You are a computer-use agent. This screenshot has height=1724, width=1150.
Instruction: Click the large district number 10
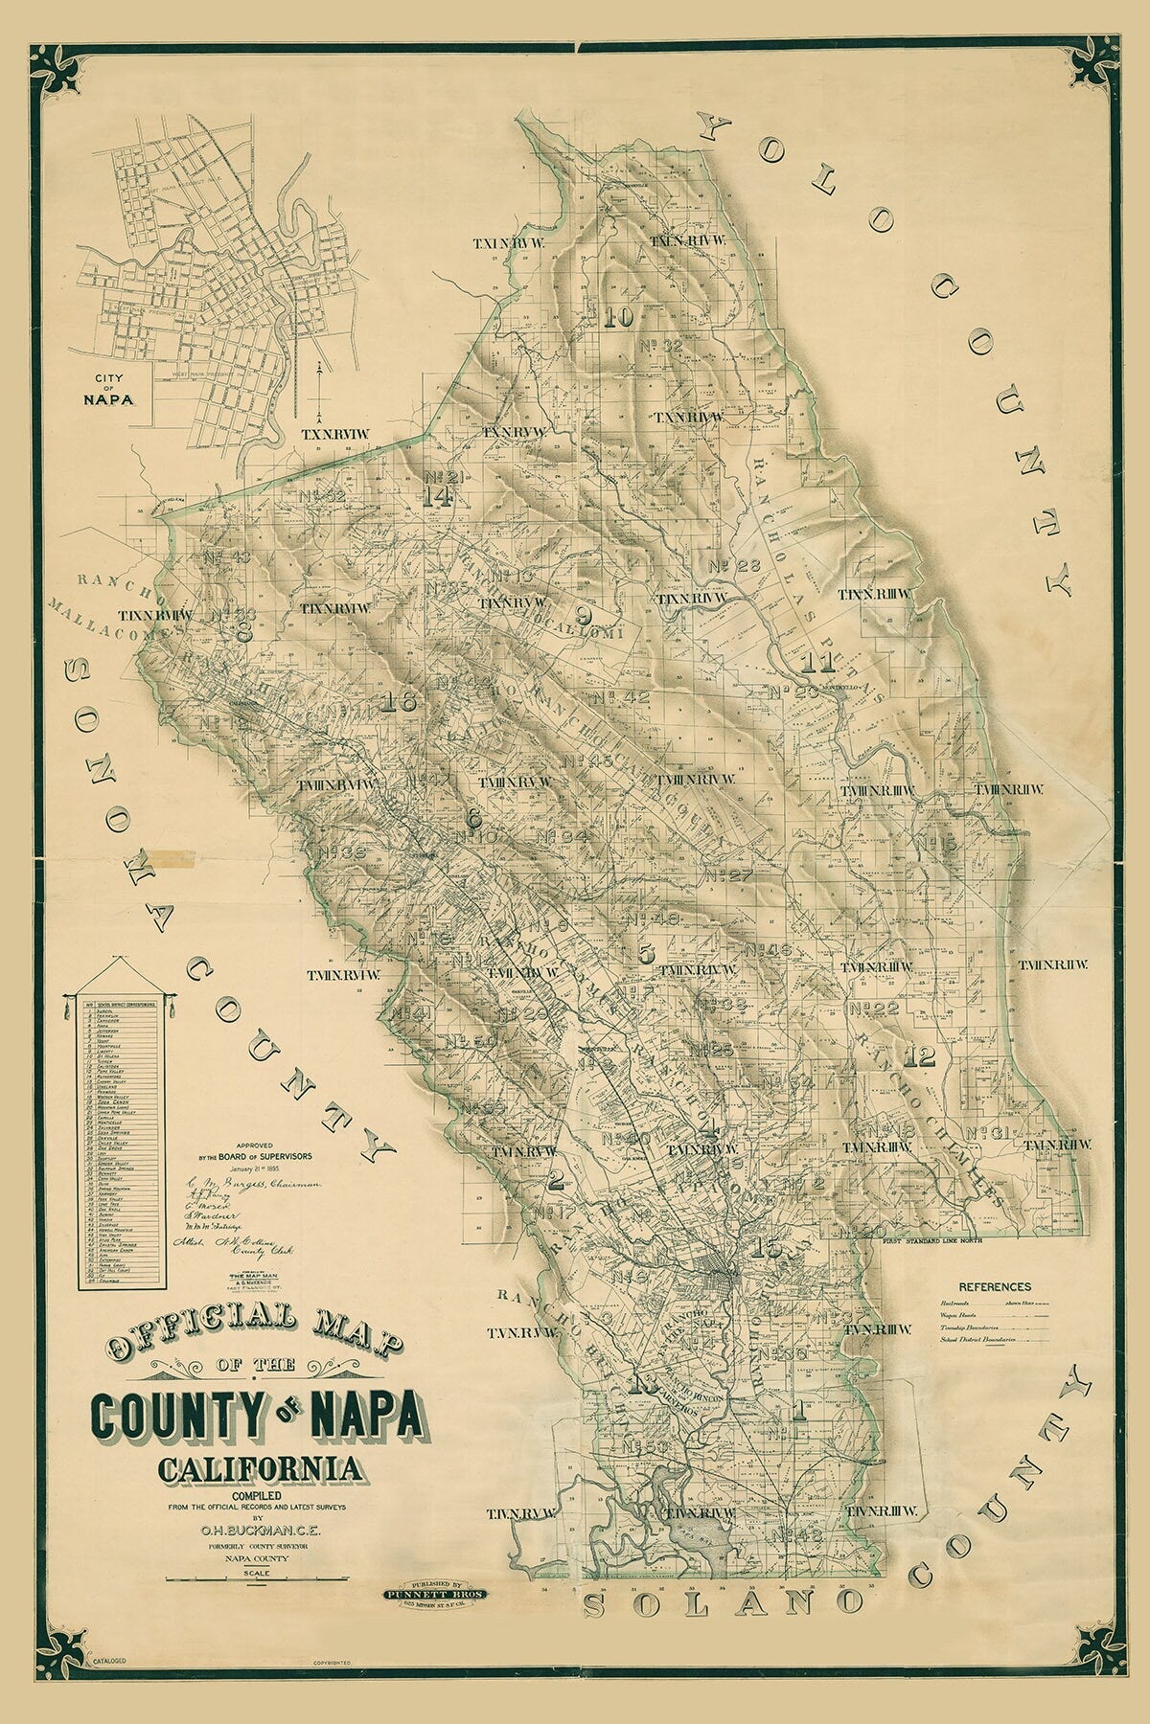(x=620, y=318)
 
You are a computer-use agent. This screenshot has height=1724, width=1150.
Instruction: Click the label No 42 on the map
(x=621, y=697)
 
